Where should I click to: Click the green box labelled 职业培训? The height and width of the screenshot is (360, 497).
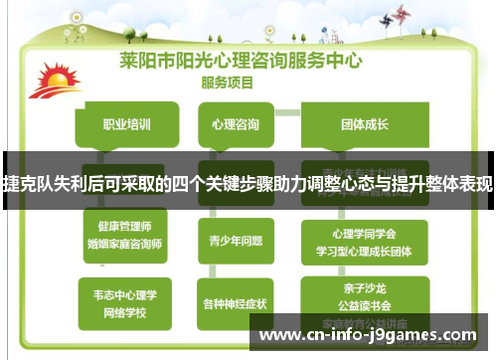point(126,125)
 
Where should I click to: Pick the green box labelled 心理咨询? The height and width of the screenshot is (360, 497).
point(237,125)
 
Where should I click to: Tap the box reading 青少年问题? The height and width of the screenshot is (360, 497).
point(237,240)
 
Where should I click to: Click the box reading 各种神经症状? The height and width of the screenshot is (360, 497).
point(237,301)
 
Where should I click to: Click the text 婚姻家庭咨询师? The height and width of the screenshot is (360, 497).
point(125,243)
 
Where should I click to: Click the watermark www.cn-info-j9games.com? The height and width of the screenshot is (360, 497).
point(373,335)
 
